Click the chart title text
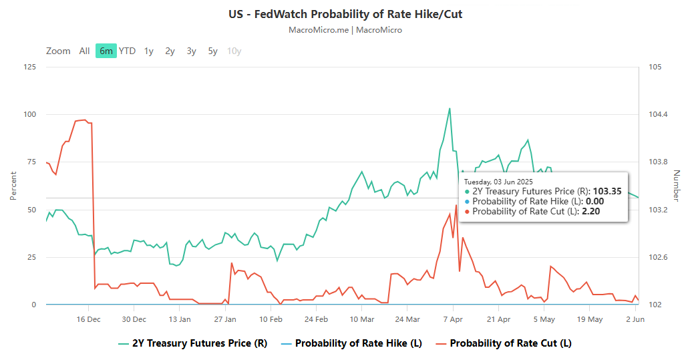click(x=345, y=14)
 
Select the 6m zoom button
click(x=106, y=51)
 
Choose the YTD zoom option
click(x=127, y=51)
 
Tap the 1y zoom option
click(x=148, y=51)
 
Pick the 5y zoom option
click(x=212, y=51)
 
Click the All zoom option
click(x=84, y=51)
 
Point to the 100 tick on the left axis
click(x=30, y=114)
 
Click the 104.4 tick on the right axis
click(x=659, y=114)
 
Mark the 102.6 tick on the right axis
click(x=659, y=257)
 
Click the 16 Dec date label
click(x=89, y=319)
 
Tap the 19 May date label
click(x=590, y=319)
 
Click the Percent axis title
click(x=13, y=186)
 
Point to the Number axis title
click(x=676, y=186)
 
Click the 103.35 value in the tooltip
click(x=607, y=191)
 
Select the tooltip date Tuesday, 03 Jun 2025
click(x=498, y=181)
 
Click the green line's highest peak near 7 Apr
click(x=450, y=108)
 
